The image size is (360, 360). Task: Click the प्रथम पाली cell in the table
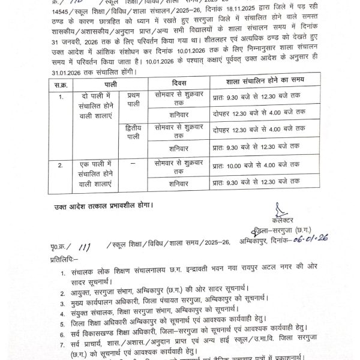click(x=138, y=100)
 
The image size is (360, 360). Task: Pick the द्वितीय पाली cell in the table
click(x=138, y=131)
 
